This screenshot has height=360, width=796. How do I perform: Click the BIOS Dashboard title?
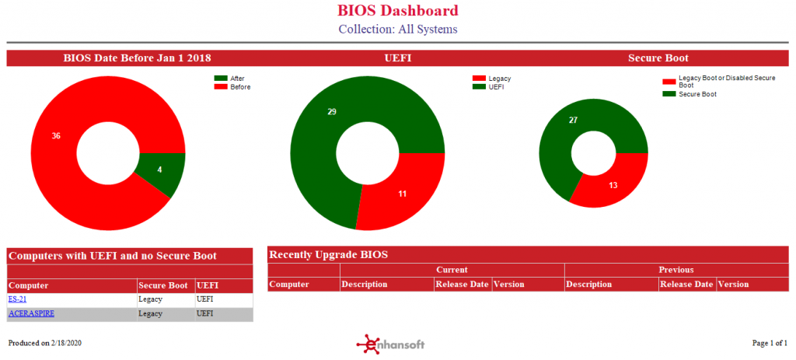pyautogui.click(x=397, y=10)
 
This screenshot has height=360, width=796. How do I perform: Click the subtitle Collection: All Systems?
pyautogui.click(x=398, y=29)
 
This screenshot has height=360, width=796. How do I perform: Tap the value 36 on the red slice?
pyautogui.click(x=56, y=136)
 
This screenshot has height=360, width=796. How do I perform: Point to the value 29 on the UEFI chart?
pyautogui.click(x=332, y=112)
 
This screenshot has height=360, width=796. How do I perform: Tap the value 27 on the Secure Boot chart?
pyautogui.click(x=573, y=121)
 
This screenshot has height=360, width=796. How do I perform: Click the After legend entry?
pyautogui.click(x=229, y=79)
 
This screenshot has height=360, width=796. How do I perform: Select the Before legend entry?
pyautogui.click(x=232, y=87)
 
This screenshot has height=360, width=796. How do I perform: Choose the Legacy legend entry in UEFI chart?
pyautogui.click(x=491, y=79)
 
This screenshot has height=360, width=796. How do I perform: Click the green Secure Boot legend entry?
pyautogui.click(x=690, y=94)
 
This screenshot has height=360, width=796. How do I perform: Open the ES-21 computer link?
pyautogui.click(x=17, y=299)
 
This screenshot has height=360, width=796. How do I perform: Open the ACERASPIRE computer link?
pyautogui.click(x=31, y=314)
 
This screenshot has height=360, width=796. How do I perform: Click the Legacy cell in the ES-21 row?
pyautogui.click(x=150, y=299)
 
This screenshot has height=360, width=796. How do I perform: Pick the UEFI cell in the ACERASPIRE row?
pyautogui.click(x=204, y=314)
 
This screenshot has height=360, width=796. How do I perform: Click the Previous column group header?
pyautogui.click(x=676, y=270)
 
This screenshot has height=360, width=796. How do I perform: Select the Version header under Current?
pyautogui.click(x=509, y=285)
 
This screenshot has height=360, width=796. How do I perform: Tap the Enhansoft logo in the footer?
pyautogui.click(x=390, y=344)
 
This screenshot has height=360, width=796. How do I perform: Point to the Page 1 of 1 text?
pyautogui.click(x=770, y=343)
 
